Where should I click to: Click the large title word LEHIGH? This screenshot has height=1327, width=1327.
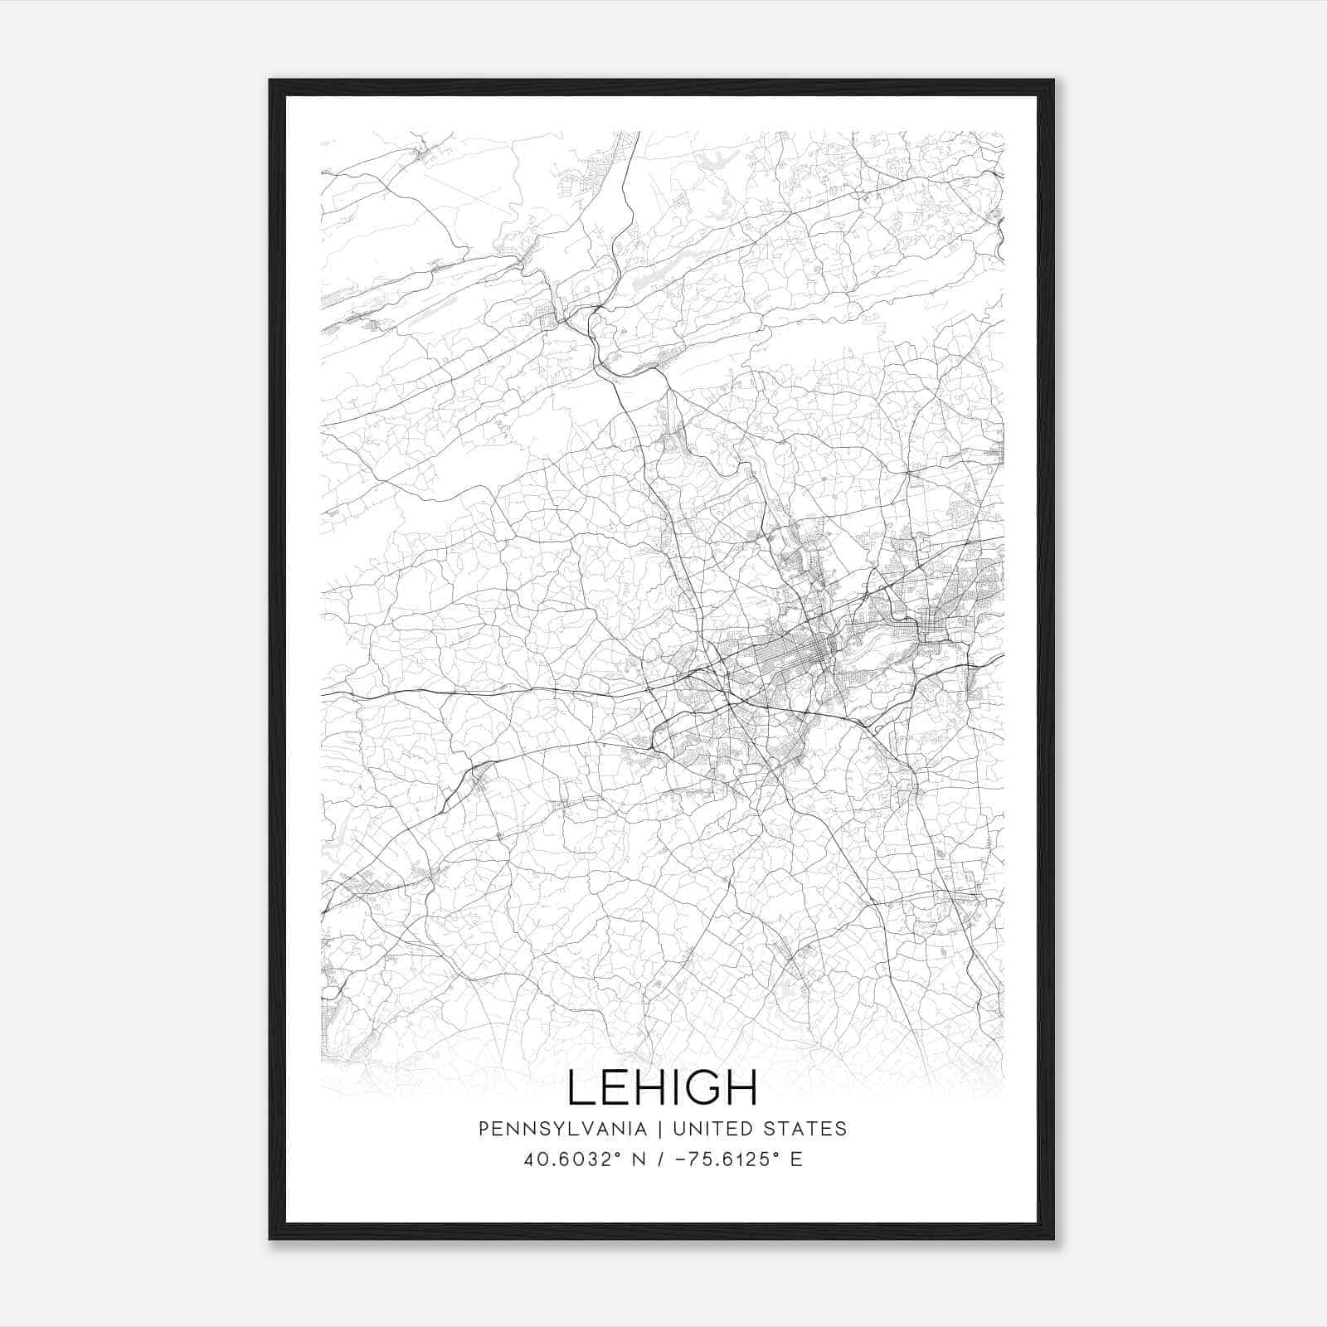663,1087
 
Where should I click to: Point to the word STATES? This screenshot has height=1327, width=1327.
809,1129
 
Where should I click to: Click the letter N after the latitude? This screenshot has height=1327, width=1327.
614,1159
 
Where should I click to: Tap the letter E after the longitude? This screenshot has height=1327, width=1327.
796,1159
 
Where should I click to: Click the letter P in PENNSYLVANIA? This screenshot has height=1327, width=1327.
484,1129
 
